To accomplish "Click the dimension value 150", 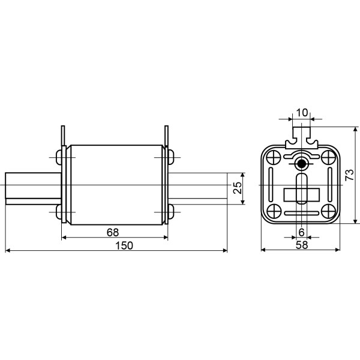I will point(124,245).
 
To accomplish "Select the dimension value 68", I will point(112,232).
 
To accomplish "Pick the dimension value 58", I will point(301,245).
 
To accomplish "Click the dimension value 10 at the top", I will point(301,112).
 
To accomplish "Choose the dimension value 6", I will point(301,232).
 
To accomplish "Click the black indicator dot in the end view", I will point(301,164).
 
